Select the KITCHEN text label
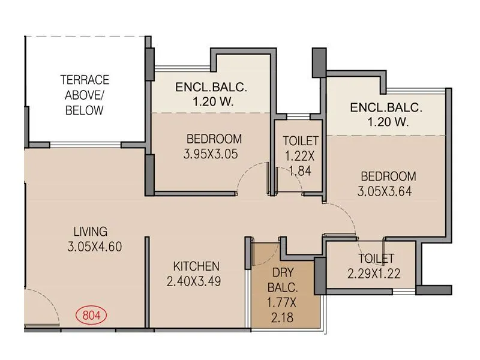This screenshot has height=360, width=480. [196, 266]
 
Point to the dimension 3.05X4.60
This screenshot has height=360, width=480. [96, 246]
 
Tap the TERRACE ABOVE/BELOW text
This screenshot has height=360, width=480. [84, 95]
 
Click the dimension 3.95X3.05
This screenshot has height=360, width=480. [211, 154]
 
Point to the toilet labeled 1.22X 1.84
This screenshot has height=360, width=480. [299, 156]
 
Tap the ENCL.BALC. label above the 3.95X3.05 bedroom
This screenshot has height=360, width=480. [211, 88]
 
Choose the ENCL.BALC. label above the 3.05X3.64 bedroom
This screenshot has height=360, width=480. [386, 108]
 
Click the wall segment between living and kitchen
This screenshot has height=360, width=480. [146, 282]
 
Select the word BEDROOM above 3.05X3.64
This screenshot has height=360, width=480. [388, 176]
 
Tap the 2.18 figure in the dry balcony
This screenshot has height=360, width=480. [282, 318]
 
